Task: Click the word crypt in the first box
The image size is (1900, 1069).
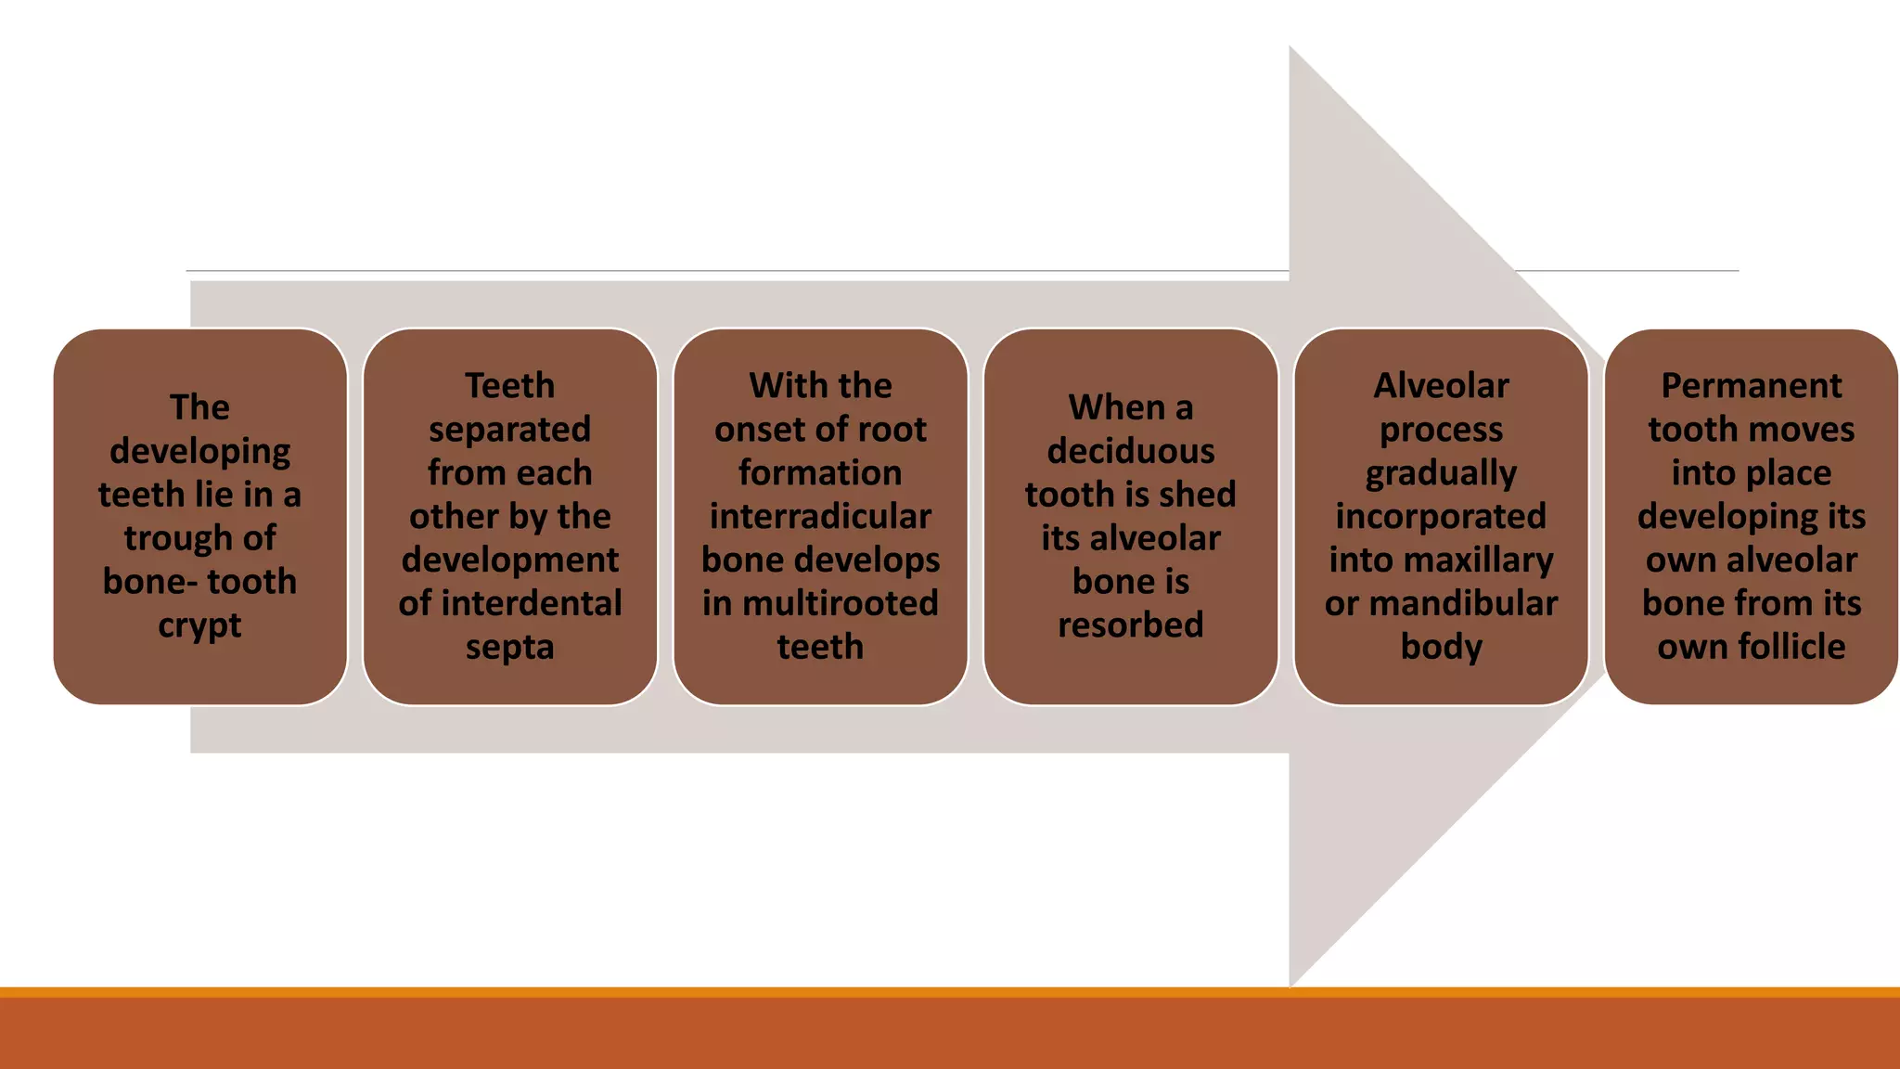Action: [199, 626]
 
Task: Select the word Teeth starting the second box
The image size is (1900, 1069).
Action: [509, 386]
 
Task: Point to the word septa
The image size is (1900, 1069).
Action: [509, 648]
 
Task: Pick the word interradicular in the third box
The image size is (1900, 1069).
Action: [820, 517]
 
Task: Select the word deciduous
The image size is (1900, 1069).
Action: [1130, 452]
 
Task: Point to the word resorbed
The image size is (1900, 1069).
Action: [1130, 625]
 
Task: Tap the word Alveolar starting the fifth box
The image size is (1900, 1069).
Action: [1441, 386]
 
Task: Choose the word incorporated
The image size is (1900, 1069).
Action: [1441, 517]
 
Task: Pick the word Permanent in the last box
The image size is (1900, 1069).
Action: [1751, 386]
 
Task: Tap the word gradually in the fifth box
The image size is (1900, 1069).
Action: [1441, 473]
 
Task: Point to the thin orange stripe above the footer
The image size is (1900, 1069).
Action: [950, 992]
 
